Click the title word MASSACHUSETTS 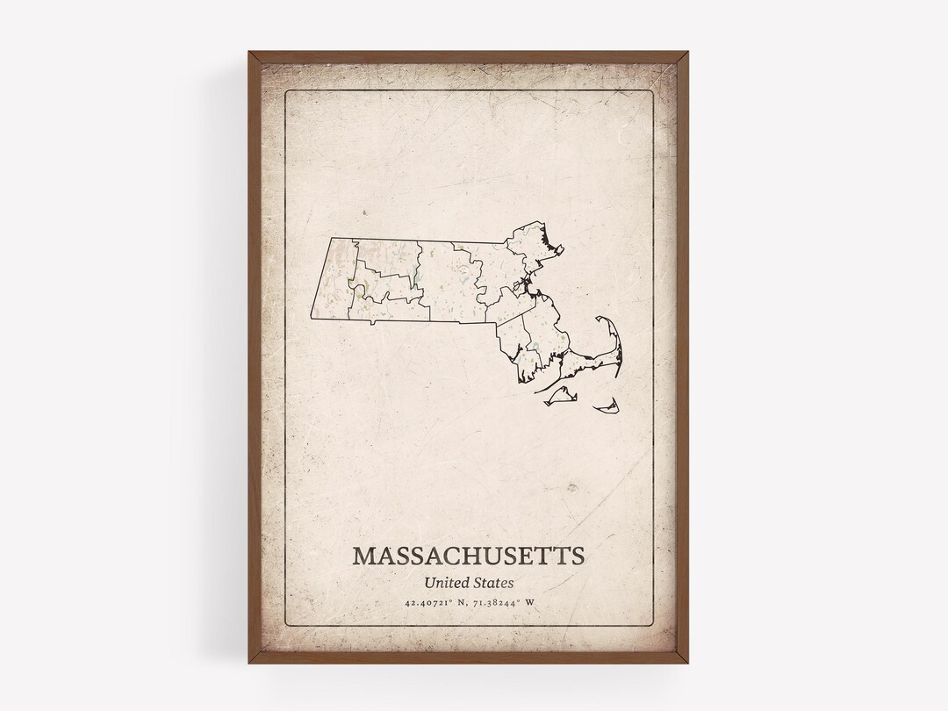468,556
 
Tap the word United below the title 445,581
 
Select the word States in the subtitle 494,581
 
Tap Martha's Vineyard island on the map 557,398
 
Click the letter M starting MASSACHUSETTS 364,556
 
